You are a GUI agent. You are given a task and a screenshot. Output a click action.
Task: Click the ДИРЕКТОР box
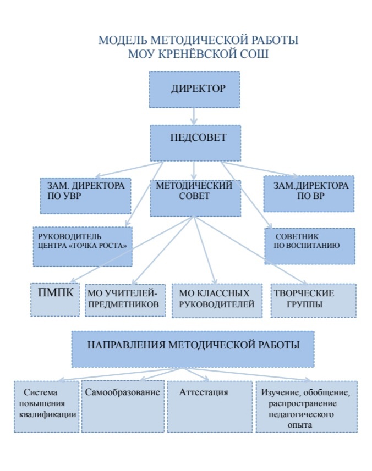coord(194,89)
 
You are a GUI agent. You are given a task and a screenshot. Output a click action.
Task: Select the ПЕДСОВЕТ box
coord(195,143)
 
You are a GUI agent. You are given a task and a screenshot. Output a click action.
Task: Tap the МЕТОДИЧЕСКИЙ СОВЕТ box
coord(195,198)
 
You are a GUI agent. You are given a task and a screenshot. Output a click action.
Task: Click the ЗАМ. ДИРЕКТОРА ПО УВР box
coord(85,196)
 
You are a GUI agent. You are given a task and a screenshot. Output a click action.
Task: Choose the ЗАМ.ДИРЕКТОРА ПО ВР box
coord(309,194)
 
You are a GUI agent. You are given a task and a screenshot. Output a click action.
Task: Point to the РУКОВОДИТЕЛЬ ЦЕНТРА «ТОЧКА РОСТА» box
coord(83,246)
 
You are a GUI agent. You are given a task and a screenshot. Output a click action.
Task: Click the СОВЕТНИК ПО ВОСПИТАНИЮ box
coord(310,246)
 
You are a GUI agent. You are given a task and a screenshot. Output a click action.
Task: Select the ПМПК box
coord(55,300)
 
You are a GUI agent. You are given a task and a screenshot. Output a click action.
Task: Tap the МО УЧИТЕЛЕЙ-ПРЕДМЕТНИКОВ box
coord(125,300)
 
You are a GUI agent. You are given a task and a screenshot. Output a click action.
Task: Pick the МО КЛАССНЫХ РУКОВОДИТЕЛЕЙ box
coord(217,301)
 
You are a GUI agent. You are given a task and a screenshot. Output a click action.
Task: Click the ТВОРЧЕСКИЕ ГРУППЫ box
coord(313,300)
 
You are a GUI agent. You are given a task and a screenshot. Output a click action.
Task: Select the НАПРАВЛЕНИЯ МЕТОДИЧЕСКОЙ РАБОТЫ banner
coord(193,349)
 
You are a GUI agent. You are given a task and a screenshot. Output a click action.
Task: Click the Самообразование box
coord(123,406)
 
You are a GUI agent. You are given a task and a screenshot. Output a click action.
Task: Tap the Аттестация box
coord(210,406)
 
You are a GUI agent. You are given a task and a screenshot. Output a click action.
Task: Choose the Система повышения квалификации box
coord(47,406)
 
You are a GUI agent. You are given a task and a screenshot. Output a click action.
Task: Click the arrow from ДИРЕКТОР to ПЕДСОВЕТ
coord(194,117)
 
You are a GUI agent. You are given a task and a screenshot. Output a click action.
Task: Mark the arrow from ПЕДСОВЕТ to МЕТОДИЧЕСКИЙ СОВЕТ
coord(194,170)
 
